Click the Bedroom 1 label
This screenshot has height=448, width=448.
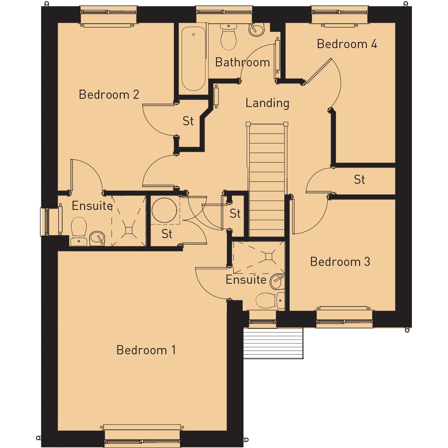pyautogui.click(x=146, y=350)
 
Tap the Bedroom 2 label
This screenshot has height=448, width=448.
pyautogui.click(x=109, y=95)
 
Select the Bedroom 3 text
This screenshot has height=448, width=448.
pyautogui.click(x=340, y=262)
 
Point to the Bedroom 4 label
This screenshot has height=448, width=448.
pyautogui.click(x=347, y=44)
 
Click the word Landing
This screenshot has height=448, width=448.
pyautogui.click(x=267, y=103)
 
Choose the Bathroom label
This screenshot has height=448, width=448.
pyautogui.click(x=242, y=62)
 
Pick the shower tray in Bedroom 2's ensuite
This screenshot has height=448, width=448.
pyautogui.click(x=129, y=226)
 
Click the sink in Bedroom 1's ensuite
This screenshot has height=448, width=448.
pyautogui.click(x=277, y=282)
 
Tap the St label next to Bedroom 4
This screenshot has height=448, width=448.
pyautogui.click(x=359, y=180)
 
